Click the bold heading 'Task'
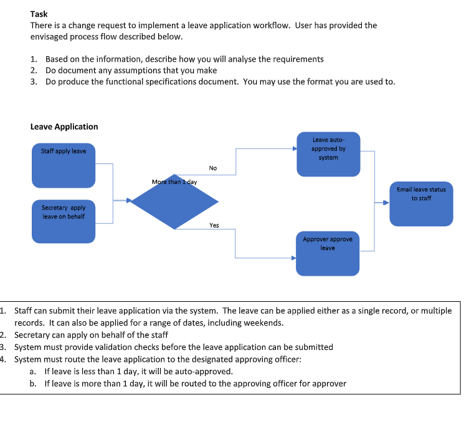click(x=39, y=14)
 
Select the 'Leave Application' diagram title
click(x=64, y=127)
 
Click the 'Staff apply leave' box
click(x=64, y=165)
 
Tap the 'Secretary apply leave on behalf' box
click(x=64, y=221)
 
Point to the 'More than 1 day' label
click(x=174, y=182)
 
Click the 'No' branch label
click(x=213, y=168)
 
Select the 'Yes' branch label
click(x=214, y=225)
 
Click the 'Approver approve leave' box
click(x=328, y=253)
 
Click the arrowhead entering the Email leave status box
click(x=386, y=202)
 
